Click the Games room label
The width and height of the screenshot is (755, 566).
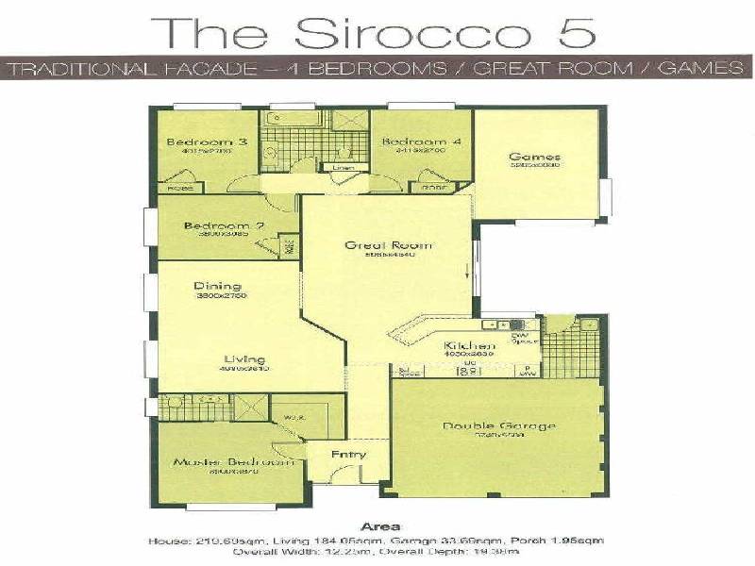(535, 157)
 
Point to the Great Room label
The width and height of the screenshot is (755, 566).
(375, 244)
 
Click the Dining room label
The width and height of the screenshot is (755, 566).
(218, 286)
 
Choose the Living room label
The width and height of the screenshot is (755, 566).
(244, 359)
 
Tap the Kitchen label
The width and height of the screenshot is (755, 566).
(469, 346)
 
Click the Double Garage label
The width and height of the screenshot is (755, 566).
(499, 425)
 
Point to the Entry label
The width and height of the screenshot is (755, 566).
(348, 455)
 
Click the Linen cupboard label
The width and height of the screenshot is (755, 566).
(342, 168)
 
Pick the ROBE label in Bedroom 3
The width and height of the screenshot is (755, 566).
(179, 188)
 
